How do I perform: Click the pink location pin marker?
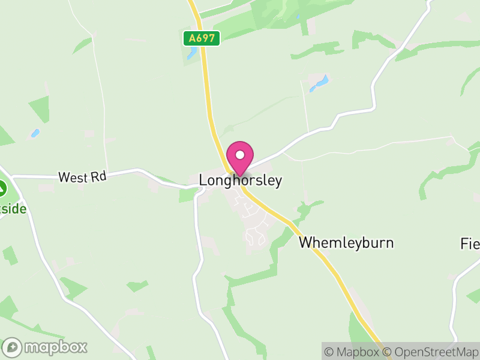240,157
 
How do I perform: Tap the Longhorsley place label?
240,180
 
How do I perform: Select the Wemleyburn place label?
346,242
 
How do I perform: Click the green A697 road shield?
202,38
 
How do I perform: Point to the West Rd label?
82,177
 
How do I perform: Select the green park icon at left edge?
2,188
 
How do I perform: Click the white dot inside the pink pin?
240,154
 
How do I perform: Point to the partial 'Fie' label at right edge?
470,244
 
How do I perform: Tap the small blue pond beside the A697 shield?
191,54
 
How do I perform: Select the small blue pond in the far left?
35,133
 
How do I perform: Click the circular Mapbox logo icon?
13,347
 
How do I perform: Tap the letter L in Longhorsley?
203,180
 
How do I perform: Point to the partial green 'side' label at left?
14,209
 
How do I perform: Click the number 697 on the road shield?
206,38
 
